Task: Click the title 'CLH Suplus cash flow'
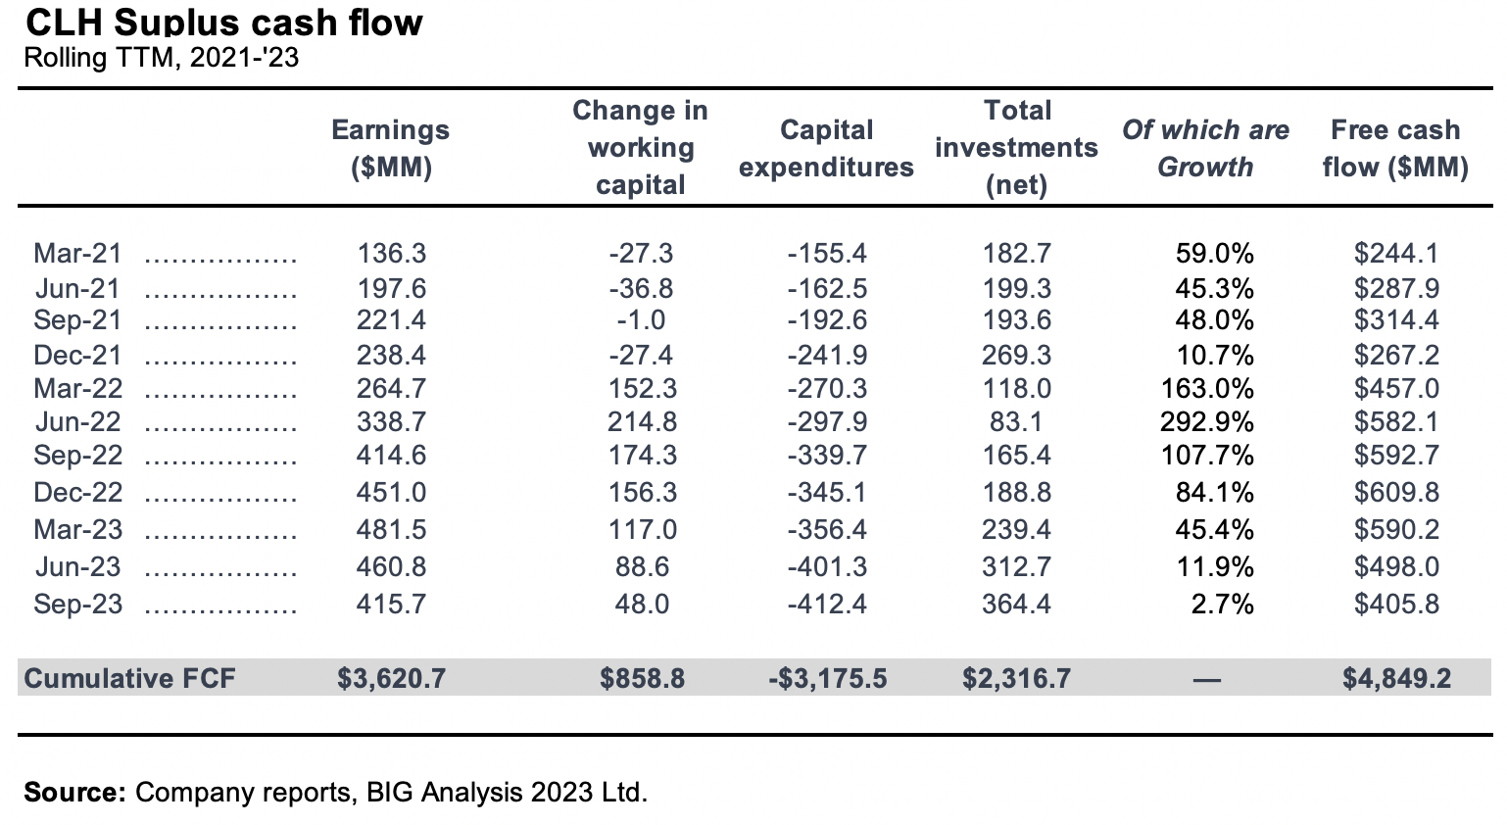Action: click(224, 22)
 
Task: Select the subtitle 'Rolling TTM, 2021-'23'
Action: click(161, 58)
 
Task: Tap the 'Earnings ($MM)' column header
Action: click(390, 148)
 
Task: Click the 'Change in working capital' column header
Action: click(640, 148)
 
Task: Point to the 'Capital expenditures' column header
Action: click(826, 148)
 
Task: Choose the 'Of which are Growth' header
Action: click(1205, 148)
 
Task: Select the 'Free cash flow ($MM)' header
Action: click(1395, 148)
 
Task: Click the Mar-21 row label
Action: click(78, 254)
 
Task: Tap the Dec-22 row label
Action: click(78, 493)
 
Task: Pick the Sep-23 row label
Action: click(78, 604)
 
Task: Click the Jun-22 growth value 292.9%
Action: click(1207, 422)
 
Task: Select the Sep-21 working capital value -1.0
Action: click(641, 320)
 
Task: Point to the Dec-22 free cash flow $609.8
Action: click(1396, 493)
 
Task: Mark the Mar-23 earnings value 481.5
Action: click(391, 530)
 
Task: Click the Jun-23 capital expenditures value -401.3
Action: click(827, 567)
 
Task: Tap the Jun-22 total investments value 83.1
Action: click(1017, 422)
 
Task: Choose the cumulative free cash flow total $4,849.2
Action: click(1396, 678)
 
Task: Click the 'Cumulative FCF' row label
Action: click(129, 678)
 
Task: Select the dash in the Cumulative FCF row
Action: click(1206, 679)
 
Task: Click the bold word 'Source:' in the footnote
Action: click(74, 792)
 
